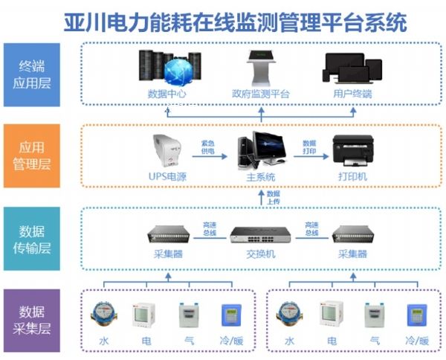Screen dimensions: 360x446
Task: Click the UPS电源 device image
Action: tap(167, 152)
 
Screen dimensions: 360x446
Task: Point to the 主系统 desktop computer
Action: tap(261, 151)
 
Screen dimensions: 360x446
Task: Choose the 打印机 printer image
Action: tap(352, 152)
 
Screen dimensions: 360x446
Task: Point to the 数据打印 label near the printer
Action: tap(309, 146)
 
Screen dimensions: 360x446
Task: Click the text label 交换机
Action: tap(261, 254)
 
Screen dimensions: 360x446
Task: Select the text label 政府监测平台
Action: tap(261, 94)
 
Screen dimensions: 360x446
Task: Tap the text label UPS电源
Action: tap(167, 177)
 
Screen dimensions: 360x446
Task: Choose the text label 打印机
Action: tap(352, 177)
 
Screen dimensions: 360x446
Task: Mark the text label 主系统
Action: tap(261, 177)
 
